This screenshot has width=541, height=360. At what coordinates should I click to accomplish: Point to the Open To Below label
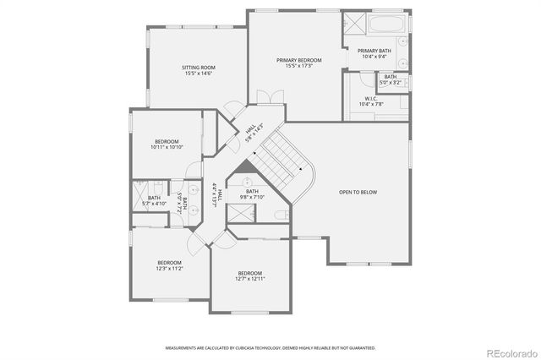(358, 192)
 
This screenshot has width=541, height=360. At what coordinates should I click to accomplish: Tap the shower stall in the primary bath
(354, 24)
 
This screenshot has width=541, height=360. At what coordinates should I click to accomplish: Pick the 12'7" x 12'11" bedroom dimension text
(250, 279)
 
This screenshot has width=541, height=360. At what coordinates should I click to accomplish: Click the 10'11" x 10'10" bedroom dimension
(167, 147)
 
